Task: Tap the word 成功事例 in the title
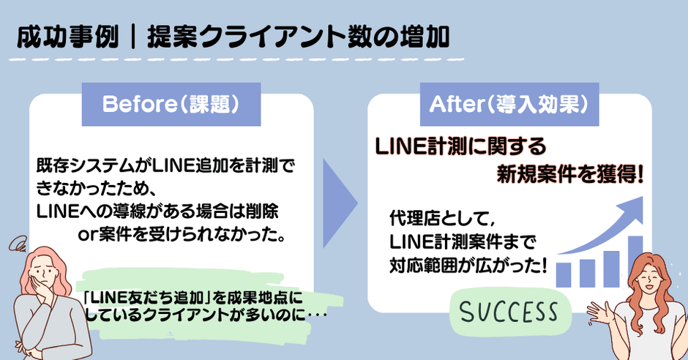click(x=67, y=36)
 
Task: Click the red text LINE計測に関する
click(x=461, y=146)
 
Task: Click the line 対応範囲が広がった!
click(x=469, y=264)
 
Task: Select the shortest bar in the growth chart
click(x=564, y=274)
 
